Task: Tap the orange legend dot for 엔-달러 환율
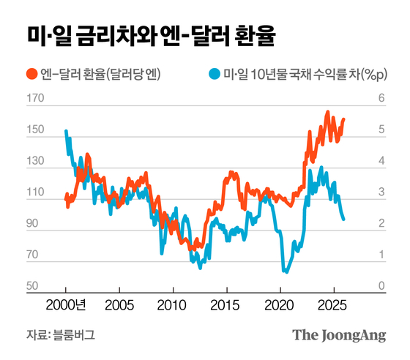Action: [x=31, y=74]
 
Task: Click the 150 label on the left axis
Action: [x=34, y=131]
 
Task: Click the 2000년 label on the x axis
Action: [x=71, y=304]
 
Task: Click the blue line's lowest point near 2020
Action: [x=284, y=271]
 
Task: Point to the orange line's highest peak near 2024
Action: [x=327, y=113]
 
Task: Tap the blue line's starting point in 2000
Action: [x=66, y=132]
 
